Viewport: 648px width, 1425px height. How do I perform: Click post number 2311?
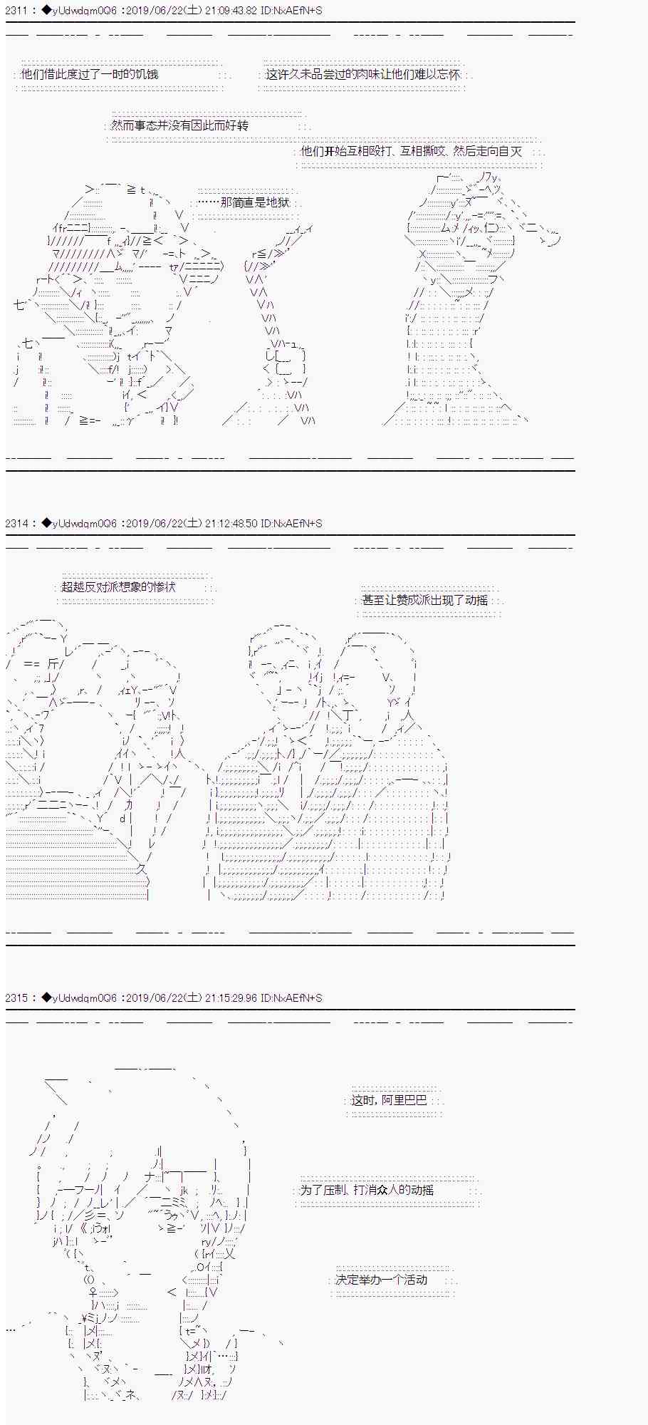click(x=16, y=11)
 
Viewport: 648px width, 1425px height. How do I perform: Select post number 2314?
click(x=16, y=523)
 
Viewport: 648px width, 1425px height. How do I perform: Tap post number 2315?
click(x=16, y=997)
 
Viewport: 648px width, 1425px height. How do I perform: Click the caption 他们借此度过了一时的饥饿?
click(x=90, y=74)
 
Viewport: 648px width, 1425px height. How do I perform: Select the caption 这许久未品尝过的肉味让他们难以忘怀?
click(x=363, y=74)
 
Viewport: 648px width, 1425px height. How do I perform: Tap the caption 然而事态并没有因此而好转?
click(x=179, y=125)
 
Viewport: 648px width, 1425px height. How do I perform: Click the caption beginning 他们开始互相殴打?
click(x=412, y=151)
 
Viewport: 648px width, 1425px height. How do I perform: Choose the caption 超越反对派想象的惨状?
click(x=118, y=587)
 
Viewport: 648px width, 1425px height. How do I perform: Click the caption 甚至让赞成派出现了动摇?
click(x=425, y=600)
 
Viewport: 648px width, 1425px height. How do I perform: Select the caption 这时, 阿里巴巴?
click(x=389, y=1100)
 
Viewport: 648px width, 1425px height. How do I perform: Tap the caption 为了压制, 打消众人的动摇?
click(x=367, y=1190)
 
